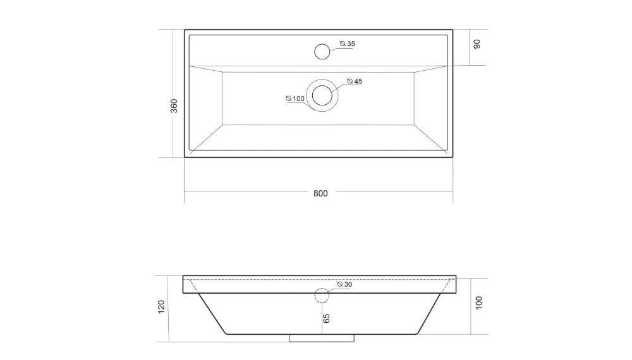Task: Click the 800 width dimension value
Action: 320,193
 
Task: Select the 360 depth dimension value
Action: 174,105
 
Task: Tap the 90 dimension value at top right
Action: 477,44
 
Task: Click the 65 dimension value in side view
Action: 326,318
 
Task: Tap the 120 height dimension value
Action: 161,307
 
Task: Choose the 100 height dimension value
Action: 478,303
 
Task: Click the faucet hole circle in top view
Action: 322,51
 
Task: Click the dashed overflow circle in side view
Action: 322,296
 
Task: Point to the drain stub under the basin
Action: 322,338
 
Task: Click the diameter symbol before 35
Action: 343,44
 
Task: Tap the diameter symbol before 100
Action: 288,99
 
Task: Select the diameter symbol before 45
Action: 349,82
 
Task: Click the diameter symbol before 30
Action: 339,285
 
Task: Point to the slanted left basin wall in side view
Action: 212,313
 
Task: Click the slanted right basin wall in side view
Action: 430,313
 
